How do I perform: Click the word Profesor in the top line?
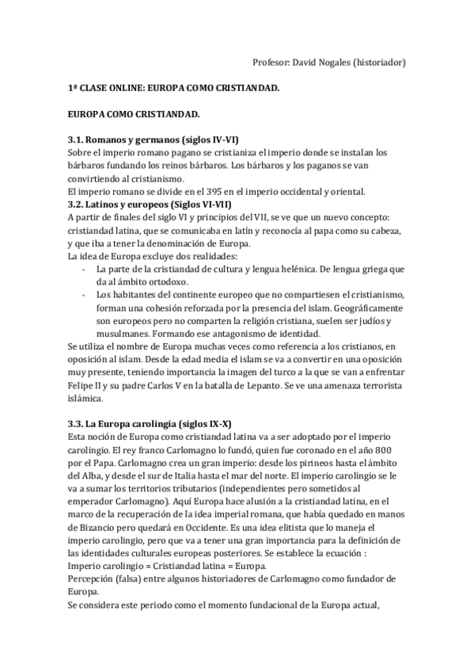click(x=271, y=63)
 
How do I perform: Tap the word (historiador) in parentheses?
click(x=379, y=63)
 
